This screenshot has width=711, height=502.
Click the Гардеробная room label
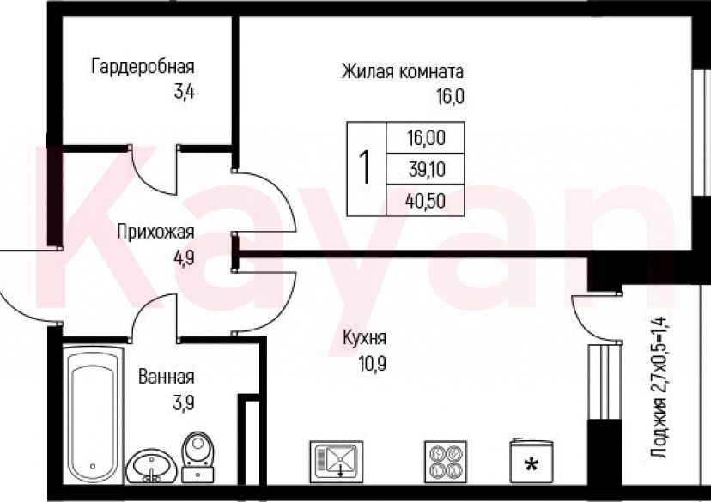[x=143, y=67]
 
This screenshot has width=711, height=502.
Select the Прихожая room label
[x=156, y=232]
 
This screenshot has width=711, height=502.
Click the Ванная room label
[x=166, y=377]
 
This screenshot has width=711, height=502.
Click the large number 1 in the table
[x=366, y=168]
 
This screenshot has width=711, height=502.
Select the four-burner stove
[x=445, y=461]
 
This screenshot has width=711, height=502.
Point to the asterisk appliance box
[x=531, y=462]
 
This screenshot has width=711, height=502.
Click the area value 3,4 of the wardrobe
[x=184, y=92]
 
